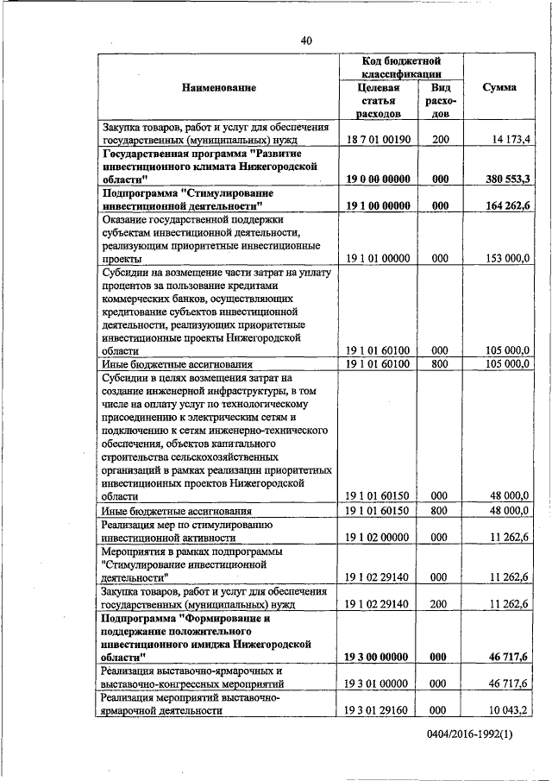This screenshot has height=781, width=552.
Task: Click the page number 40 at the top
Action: coord(307,41)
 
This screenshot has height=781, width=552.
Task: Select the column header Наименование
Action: coord(218,87)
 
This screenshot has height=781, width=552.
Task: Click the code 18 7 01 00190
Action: coord(378,139)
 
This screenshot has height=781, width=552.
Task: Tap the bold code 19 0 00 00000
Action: coord(378,179)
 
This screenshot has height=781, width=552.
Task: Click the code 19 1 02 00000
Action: coord(378,537)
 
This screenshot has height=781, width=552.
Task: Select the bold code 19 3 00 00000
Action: coord(378,657)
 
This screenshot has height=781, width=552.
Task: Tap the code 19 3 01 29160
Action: coord(378,710)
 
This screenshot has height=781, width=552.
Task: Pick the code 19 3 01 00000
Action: coord(378,683)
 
